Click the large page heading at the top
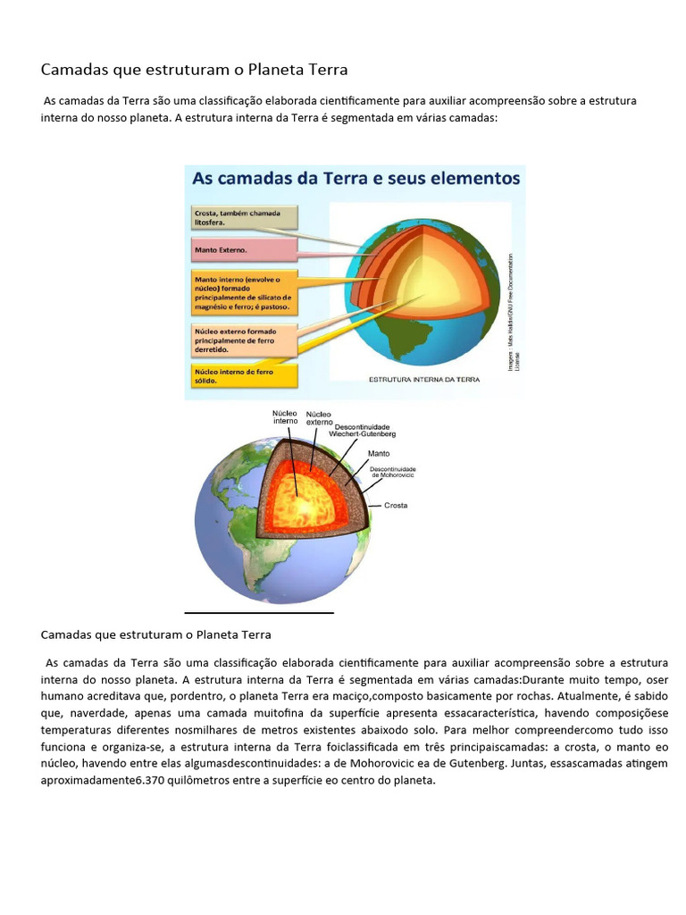pos(195,70)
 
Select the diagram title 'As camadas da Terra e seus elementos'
pos(356,178)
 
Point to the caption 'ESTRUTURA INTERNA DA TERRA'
pos(424,380)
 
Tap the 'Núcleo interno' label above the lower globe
pos(286,417)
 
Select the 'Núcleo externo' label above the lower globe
pos(319,418)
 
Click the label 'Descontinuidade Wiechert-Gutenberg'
pos(364,430)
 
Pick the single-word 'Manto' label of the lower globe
pos(379,453)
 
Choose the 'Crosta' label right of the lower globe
pos(395,505)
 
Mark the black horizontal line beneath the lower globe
pos(259,613)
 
